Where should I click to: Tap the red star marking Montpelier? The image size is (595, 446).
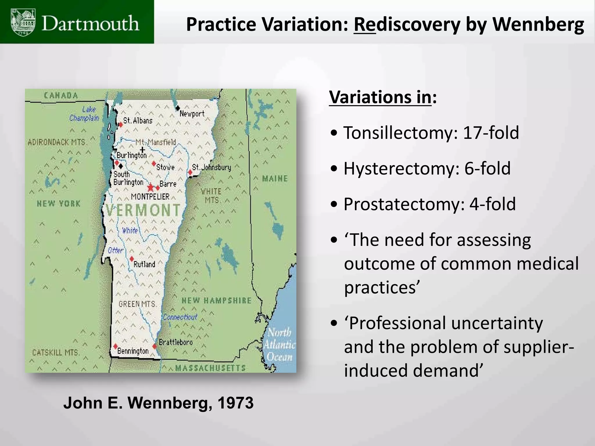pos(150,187)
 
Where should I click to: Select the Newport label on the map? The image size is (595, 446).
pos(192,114)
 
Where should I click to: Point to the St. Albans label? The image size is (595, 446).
pos(138,121)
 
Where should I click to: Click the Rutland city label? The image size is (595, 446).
pos(144,264)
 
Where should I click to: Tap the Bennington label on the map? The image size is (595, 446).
pos(133,351)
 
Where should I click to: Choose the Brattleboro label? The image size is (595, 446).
pos(175,342)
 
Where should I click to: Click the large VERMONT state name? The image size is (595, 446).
pos(143,210)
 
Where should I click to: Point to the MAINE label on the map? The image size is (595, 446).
pos(275,179)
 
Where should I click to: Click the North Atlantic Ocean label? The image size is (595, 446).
pos(279,344)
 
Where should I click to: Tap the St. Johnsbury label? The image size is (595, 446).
pos(212,167)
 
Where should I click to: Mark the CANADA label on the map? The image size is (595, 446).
pos(61,96)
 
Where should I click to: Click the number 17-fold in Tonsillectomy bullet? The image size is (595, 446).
pos(491,133)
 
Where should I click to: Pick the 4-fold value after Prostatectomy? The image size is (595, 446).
pos(492,204)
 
